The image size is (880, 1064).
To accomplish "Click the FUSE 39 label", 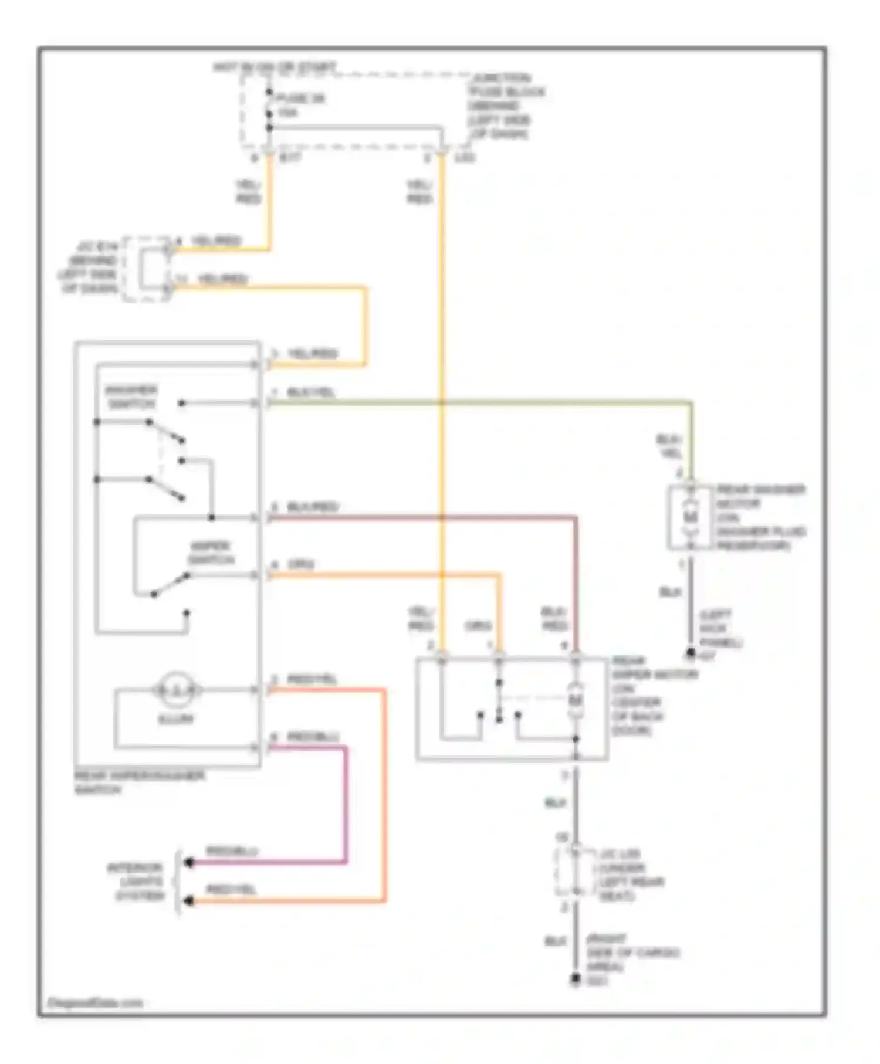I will tap(300, 99).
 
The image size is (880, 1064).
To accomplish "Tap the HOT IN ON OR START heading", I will tap(274, 68).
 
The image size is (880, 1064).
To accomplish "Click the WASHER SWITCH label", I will tap(131, 397).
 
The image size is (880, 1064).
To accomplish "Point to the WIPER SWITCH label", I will tap(211, 553).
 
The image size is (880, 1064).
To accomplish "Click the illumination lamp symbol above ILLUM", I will tap(177, 690).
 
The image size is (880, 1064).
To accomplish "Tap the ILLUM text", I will tap(175, 719).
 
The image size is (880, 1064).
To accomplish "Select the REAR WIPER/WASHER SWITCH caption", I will tap(139, 782).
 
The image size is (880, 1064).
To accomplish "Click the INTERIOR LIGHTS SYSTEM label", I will tap(136, 882).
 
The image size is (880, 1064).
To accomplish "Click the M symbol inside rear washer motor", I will tap(691, 517).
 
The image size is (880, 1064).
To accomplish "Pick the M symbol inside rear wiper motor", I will tap(576, 700).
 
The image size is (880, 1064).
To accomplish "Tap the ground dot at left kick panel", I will tap(691, 653).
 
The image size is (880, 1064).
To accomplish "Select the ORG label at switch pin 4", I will tap(300, 565).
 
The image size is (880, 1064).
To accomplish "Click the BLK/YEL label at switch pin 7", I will tap(311, 392).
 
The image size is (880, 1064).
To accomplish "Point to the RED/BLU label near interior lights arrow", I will tap(231, 851).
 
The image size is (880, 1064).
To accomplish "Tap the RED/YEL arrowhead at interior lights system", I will tap(189, 901).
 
